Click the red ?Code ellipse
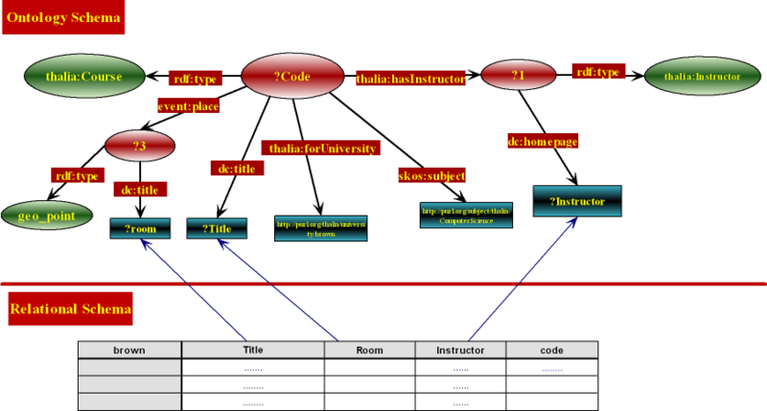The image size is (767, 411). (291, 77)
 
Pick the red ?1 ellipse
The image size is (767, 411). (519, 74)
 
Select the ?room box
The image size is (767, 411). (142, 229)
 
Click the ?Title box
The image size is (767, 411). (218, 229)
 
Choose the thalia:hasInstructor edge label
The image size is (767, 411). (410, 80)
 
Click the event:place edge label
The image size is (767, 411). (188, 107)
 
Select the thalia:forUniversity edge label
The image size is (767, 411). (321, 148)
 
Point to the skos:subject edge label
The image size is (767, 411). (432, 176)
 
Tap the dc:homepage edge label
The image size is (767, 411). (543, 141)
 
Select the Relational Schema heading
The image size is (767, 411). (70, 309)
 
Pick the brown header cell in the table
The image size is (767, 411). (128, 351)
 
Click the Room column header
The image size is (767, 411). (369, 351)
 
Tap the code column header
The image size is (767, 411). (551, 351)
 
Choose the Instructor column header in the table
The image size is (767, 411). (460, 351)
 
